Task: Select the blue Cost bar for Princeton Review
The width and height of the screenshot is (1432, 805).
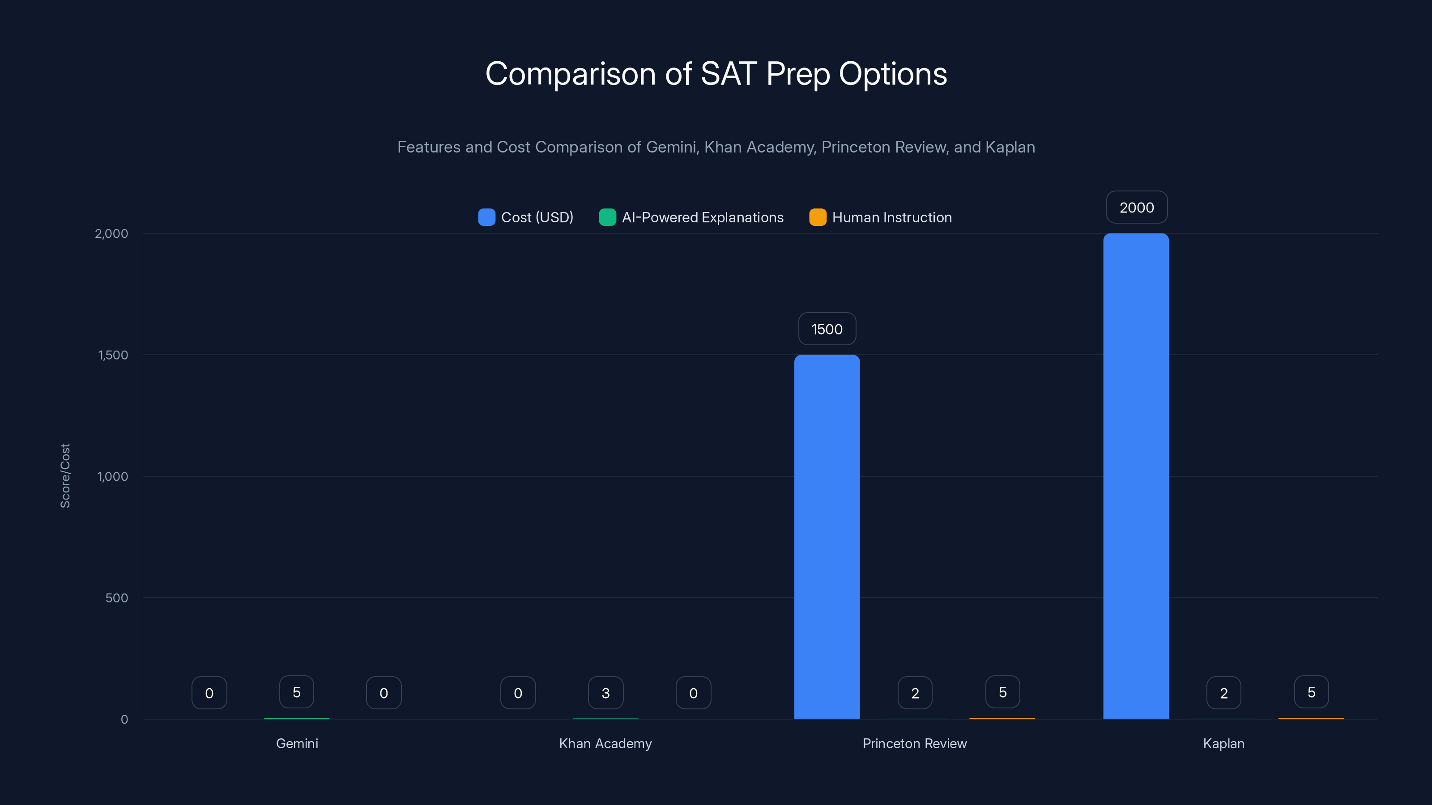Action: [x=827, y=536]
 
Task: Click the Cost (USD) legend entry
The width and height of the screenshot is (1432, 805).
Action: [x=526, y=217]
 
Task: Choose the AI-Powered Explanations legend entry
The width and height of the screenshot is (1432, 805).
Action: [x=691, y=217]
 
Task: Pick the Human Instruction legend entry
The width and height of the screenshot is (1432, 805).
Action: [x=881, y=217]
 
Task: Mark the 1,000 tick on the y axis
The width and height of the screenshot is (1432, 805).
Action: [x=112, y=476]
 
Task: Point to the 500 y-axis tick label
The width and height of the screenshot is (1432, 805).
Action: [x=117, y=598]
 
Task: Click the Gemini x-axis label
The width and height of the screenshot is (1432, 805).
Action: [x=297, y=743]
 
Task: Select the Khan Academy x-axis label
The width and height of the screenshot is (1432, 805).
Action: [x=605, y=743]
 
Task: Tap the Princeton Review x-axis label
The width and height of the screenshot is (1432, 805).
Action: [x=914, y=743]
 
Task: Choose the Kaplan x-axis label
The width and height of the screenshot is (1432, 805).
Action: [x=1223, y=743]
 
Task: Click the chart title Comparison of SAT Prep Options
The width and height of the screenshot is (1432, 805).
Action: [x=716, y=73]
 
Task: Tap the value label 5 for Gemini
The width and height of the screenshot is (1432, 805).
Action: [x=296, y=692]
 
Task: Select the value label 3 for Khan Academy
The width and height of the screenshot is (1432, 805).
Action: [x=605, y=693]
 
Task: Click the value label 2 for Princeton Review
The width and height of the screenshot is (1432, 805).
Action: [x=914, y=693]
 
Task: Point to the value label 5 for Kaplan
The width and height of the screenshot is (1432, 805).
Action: [x=1311, y=692]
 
